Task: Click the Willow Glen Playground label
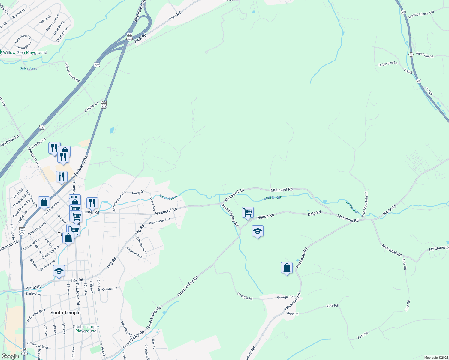[x=25, y=52]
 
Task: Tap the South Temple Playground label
[x=86, y=329]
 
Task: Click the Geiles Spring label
[x=29, y=68]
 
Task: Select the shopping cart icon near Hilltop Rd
[x=248, y=212]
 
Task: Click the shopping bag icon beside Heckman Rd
[x=287, y=268]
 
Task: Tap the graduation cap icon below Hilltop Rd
[x=258, y=231]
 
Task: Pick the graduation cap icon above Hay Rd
[x=59, y=271]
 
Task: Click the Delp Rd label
[x=314, y=213]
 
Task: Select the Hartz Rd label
[x=390, y=210]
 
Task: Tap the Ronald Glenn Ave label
[x=421, y=14]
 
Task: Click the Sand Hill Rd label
[x=425, y=55]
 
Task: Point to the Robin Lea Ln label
[x=388, y=64]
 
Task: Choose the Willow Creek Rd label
[x=72, y=72]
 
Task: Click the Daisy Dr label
[x=138, y=193]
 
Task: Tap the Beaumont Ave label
[x=160, y=221]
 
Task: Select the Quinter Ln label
[x=110, y=289]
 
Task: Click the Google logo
[x=10, y=356]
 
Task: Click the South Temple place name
[x=65, y=313]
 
